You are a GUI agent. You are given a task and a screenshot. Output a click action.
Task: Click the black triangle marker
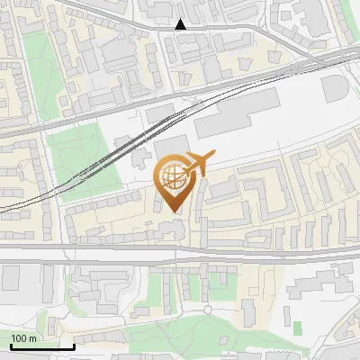(x=181, y=24)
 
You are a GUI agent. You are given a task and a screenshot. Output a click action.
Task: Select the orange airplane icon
(x=199, y=164)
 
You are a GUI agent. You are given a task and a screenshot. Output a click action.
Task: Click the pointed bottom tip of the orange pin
(x=173, y=212)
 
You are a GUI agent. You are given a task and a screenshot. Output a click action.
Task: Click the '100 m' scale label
(x=23, y=338)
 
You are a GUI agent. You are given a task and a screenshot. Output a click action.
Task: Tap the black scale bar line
(x=42, y=346)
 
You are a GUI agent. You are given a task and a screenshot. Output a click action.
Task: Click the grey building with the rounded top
(x=334, y=88)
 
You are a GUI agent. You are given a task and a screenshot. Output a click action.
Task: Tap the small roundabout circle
(x=207, y=310)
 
